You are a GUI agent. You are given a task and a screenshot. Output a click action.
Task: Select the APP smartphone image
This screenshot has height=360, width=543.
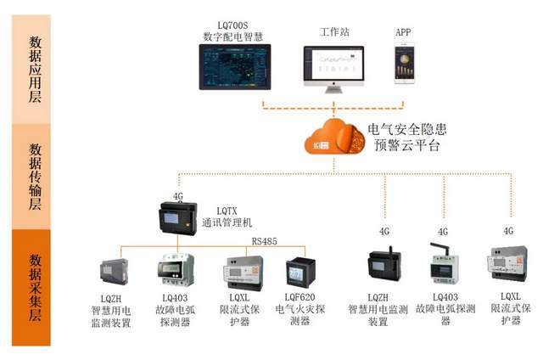(x=403, y=66)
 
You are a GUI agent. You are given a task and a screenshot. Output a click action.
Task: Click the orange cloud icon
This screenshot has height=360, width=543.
(x=334, y=138)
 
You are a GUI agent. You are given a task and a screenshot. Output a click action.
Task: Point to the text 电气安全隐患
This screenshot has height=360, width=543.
(x=406, y=129)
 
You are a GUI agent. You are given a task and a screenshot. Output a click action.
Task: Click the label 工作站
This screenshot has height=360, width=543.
(x=333, y=32)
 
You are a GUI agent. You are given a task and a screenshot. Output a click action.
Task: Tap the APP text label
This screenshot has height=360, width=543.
(x=403, y=31)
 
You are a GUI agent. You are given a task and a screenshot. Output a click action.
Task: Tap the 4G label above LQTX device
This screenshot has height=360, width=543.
(x=178, y=196)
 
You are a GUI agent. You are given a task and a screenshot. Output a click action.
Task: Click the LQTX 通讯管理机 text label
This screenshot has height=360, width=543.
(x=228, y=217)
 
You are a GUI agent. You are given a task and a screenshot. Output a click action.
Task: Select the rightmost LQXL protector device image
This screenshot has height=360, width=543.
(x=507, y=264)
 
